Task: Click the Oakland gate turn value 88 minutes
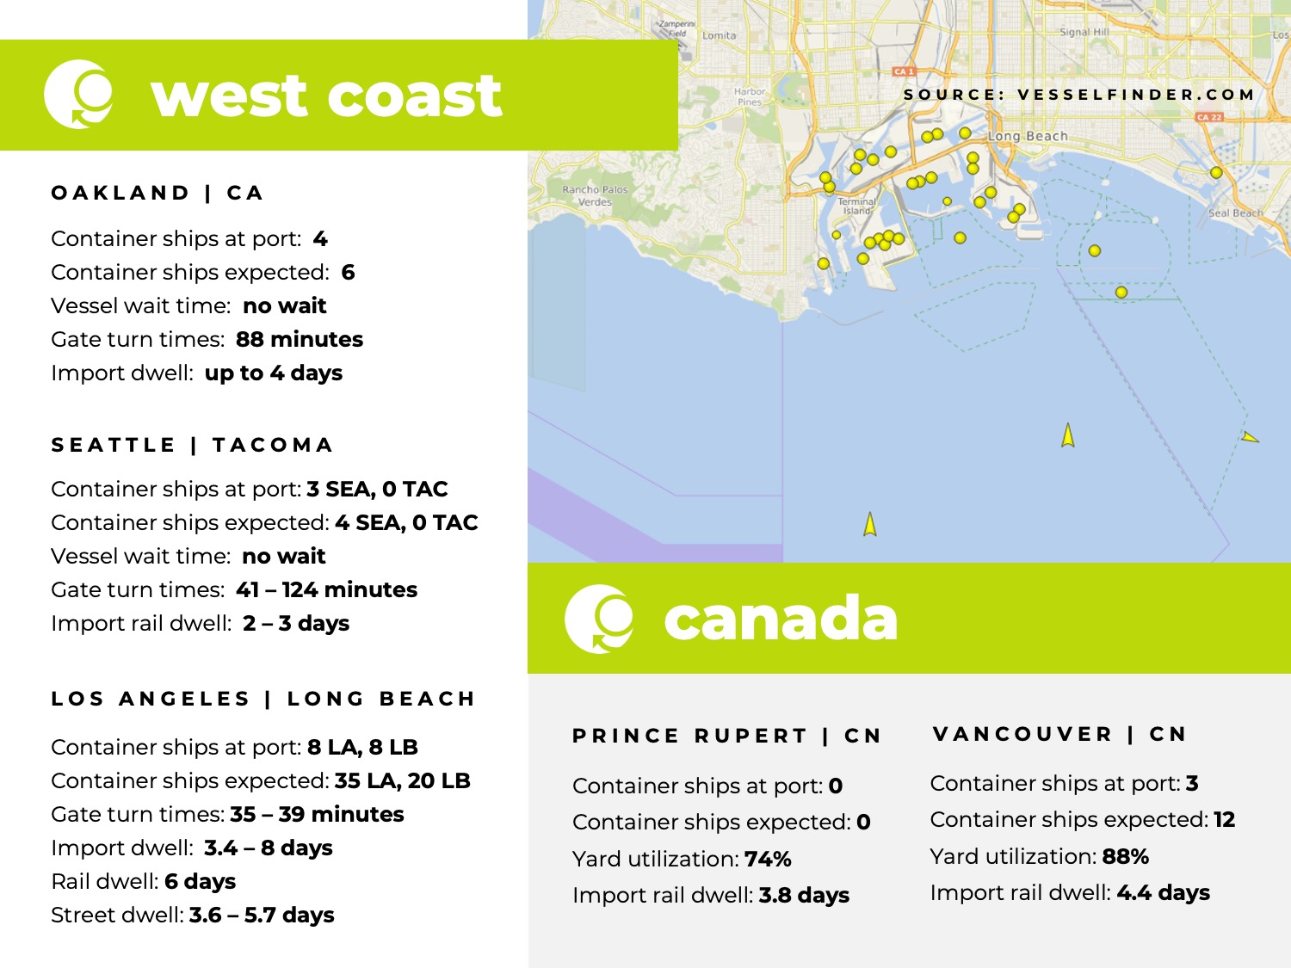pos(299,340)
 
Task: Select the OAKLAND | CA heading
pos(157,193)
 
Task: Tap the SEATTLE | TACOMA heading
pos(191,445)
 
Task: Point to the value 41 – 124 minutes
pos(326,590)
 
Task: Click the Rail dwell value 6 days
pos(200,882)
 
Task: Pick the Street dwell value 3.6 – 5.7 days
pos(262,916)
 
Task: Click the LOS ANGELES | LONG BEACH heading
pos(263,699)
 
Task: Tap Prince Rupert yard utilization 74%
pos(768,860)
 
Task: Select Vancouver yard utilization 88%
pos(1125,857)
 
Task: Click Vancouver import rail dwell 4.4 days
pos(1163,893)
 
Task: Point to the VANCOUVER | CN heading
pos(1059,734)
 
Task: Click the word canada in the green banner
pos(780,619)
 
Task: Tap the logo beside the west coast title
pos(78,94)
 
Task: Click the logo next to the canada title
pos(599,619)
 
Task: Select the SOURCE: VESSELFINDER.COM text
pos(1078,95)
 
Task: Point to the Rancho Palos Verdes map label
pos(595,195)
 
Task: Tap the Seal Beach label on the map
pos(1235,213)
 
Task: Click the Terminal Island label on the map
pos(856,206)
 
